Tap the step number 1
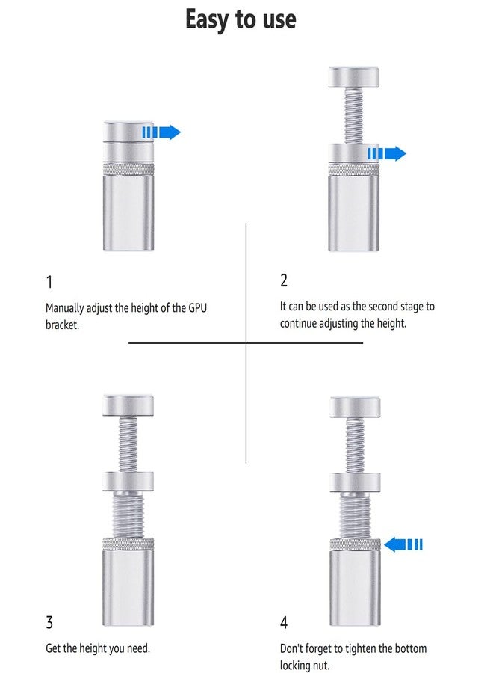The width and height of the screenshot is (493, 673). coord(49,282)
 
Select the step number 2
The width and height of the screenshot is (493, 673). coord(284,280)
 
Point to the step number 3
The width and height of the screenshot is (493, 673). coord(49,622)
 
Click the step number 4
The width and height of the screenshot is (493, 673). coord(284,622)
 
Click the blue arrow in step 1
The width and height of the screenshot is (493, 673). coord(161,132)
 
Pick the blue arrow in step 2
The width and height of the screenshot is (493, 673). coord(387,153)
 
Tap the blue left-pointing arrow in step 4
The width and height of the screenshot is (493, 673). coord(403,544)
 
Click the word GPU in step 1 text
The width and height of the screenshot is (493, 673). coord(198,308)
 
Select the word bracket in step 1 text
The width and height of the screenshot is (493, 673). coord(62,325)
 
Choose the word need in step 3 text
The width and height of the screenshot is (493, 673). coord(137,648)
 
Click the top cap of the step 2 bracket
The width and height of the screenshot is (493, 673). coord(353,77)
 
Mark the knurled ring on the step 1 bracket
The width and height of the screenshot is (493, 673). coord(128,169)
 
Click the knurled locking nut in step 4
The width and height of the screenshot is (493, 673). coord(355,544)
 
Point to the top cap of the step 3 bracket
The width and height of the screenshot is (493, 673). coord(128,405)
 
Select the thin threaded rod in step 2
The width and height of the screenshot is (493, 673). coord(353,116)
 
